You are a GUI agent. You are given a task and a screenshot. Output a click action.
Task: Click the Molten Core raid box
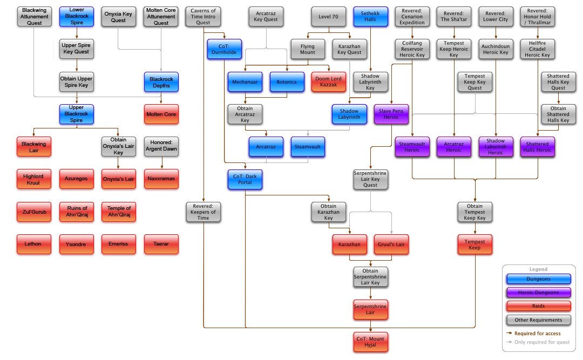pos(161,114)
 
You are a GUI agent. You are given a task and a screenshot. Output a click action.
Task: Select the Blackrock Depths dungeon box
pos(161,82)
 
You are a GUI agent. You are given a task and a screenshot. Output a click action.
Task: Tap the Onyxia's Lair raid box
pos(119,179)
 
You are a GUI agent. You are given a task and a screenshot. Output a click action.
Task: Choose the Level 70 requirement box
pos(328,17)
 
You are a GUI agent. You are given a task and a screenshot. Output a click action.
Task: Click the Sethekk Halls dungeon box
pos(370,17)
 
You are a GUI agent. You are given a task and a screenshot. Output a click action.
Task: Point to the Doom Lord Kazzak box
pos(328,81)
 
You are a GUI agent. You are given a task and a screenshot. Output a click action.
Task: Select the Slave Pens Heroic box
pos(391,114)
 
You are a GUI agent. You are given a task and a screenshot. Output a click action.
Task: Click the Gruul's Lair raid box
pos(391,244)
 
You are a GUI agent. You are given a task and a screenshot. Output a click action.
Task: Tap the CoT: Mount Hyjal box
pos(370,342)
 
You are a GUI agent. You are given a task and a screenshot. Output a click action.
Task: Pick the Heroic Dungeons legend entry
pos(538,293)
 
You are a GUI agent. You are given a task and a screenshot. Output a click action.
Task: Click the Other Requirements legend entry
pos(538,320)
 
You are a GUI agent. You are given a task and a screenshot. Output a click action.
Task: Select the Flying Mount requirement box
pos(308,50)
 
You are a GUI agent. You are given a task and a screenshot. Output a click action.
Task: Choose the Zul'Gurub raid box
pos(35,212)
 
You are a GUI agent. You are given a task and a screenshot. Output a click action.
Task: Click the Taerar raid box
pos(161,244)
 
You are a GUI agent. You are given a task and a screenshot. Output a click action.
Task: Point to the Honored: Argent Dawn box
pos(161,145)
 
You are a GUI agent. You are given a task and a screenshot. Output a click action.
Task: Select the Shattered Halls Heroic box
pos(538,147)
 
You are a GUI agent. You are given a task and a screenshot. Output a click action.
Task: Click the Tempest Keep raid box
pos(474,244)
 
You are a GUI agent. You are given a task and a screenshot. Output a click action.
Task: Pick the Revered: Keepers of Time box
pos(203,212)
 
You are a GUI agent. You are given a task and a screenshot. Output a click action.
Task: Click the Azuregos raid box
pos(77,179)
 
